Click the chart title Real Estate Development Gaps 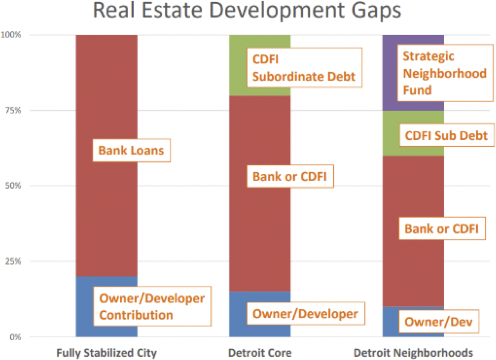coord(248,11)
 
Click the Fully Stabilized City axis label coord(106,352)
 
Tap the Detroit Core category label coord(260,352)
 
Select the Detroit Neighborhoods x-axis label coord(413,352)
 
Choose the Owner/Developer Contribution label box coord(151,306)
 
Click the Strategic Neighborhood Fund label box coord(445,73)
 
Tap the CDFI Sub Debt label coord(446,136)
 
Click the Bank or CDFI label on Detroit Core coord(289,177)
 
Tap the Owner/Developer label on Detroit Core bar coord(305,314)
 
